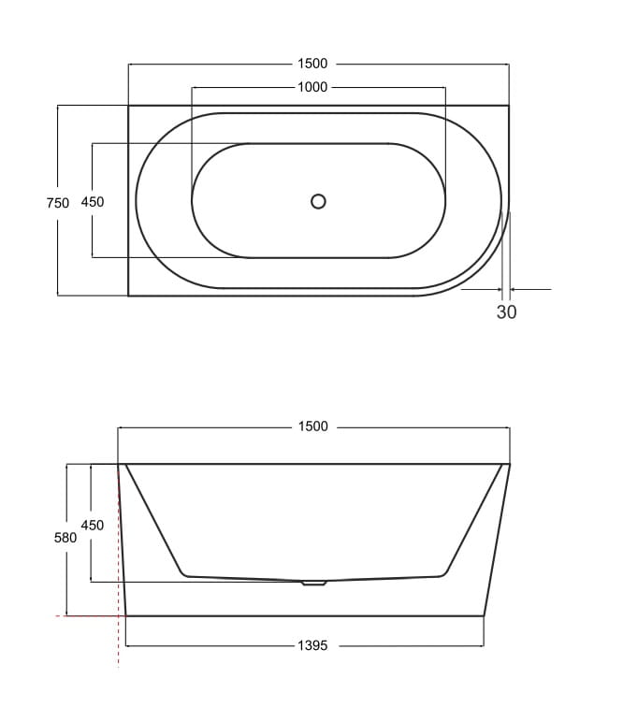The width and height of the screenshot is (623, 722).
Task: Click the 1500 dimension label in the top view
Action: point(312,64)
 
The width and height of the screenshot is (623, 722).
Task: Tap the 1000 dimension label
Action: point(312,87)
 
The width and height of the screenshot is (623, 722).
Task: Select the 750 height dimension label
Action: point(58,203)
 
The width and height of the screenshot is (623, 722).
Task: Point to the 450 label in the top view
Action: point(93,202)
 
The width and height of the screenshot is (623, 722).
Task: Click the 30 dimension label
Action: point(506,312)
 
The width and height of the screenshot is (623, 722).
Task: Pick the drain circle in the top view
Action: point(318,201)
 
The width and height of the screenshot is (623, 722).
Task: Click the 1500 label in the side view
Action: point(313,426)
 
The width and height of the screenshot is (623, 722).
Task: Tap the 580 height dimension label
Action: point(65,538)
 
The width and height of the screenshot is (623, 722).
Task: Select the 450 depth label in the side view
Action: point(92,525)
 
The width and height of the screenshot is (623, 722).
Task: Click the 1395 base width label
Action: point(312,645)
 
